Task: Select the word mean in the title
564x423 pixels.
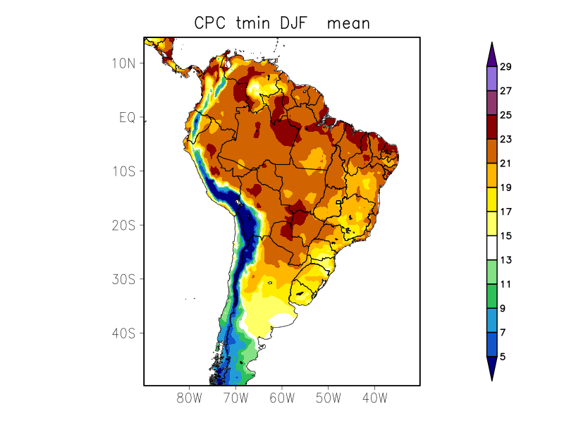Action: (348, 23)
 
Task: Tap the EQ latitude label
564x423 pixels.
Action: (128, 117)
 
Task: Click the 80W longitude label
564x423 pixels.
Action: (189, 398)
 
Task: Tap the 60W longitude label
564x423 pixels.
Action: (282, 398)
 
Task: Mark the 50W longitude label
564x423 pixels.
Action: (329, 398)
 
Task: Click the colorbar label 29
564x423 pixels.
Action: (505, 67)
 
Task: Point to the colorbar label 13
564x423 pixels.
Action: (505, 260)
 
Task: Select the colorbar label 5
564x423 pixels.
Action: (503, 357)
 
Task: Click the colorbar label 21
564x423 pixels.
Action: (505, 164)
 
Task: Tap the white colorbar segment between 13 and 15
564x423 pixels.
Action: (491, 248)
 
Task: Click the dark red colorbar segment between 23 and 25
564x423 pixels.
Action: (491, 127)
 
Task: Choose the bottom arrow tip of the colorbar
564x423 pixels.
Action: (491, 380)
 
